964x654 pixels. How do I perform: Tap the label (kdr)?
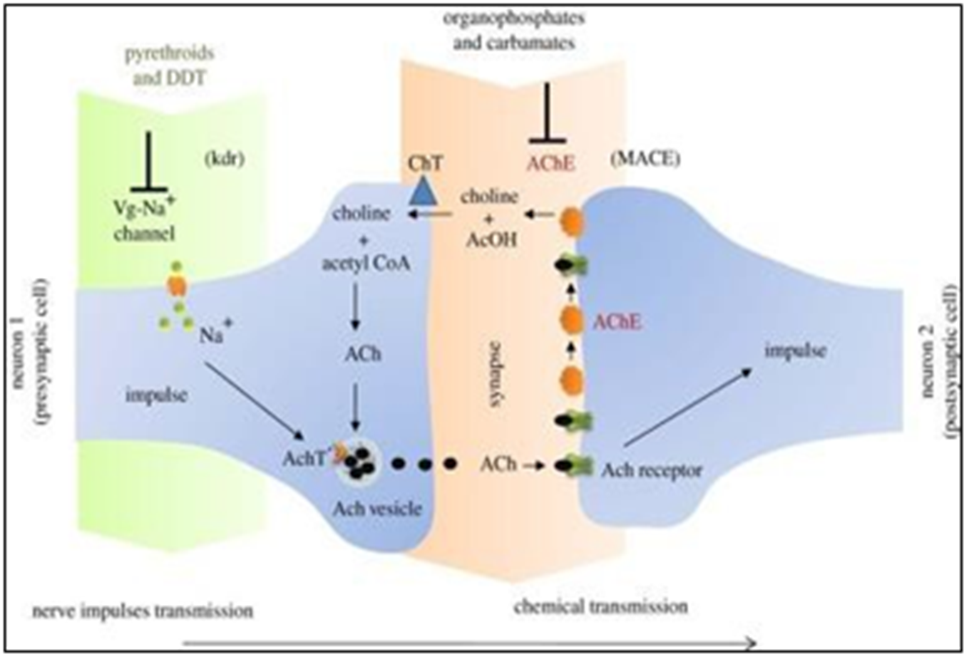[224, 160]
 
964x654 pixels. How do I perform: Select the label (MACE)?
[645, 160]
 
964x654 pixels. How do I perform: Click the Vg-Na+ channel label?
[144, 221]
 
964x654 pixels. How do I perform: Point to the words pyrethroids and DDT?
[169, 66]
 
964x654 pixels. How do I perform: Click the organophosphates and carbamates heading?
[514, 31]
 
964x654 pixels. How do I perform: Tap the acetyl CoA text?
[366, 264]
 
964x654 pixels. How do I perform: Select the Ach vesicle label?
[377, 509]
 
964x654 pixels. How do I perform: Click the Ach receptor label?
[652, 471]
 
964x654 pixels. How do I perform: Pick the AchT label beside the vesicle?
[304, 459]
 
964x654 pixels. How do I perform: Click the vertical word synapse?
[496, 374]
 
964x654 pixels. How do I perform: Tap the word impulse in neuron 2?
[795, 351]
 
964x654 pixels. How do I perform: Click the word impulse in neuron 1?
[156, 395]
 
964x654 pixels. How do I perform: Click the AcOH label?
[491, 240]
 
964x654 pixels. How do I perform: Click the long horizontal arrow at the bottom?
[469, 643]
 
